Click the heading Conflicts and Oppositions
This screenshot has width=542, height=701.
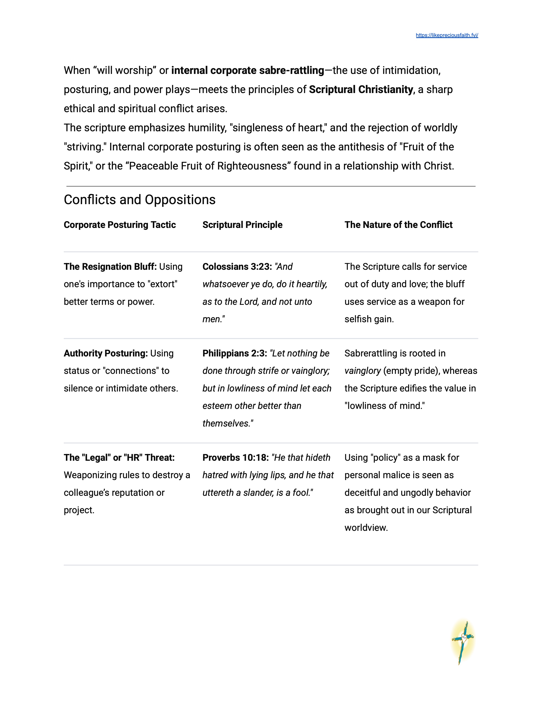[x=139, y=200]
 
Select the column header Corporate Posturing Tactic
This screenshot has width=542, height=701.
[x=119, y=225]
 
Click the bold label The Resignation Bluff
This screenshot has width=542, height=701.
[x=110, y=267]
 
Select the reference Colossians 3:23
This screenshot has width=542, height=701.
[x=237, y=267]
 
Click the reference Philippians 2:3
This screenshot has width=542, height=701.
[x=234, y=353]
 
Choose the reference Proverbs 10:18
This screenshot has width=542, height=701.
[x=235, y=458]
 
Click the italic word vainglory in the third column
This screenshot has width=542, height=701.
[x=362, y=371]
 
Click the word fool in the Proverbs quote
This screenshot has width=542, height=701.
[x=301, y=493]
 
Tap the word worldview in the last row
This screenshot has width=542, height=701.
[x=366, y=528]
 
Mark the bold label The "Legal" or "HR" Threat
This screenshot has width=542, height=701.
[x=119, y=458]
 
